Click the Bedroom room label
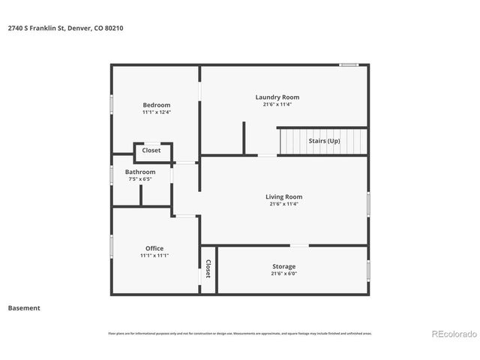[x=157, y=104]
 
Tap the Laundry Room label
[x=277, y=97]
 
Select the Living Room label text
[x=283, y=196]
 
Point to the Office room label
[x=154, y=248]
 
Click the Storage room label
[x=283, y=266]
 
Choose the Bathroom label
[x=140, y=172]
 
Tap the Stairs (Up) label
[x=324, y=141]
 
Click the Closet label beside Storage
[x=208, y=268]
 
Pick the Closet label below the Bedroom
[x=151, y=151]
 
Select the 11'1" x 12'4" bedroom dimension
[x=157, y=112]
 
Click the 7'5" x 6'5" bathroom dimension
[x=140, y=179]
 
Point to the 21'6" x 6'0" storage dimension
[x=283, y=274]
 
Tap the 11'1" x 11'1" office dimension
[x=154, y=256]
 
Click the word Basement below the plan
[x=24, y=307]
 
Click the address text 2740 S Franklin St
[x=36, y=28]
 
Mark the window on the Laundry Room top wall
[x=348, y=65]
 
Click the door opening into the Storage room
[x=300, y=245]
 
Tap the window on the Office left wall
[x=112, y=247]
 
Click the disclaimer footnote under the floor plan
[x=239, y=334]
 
